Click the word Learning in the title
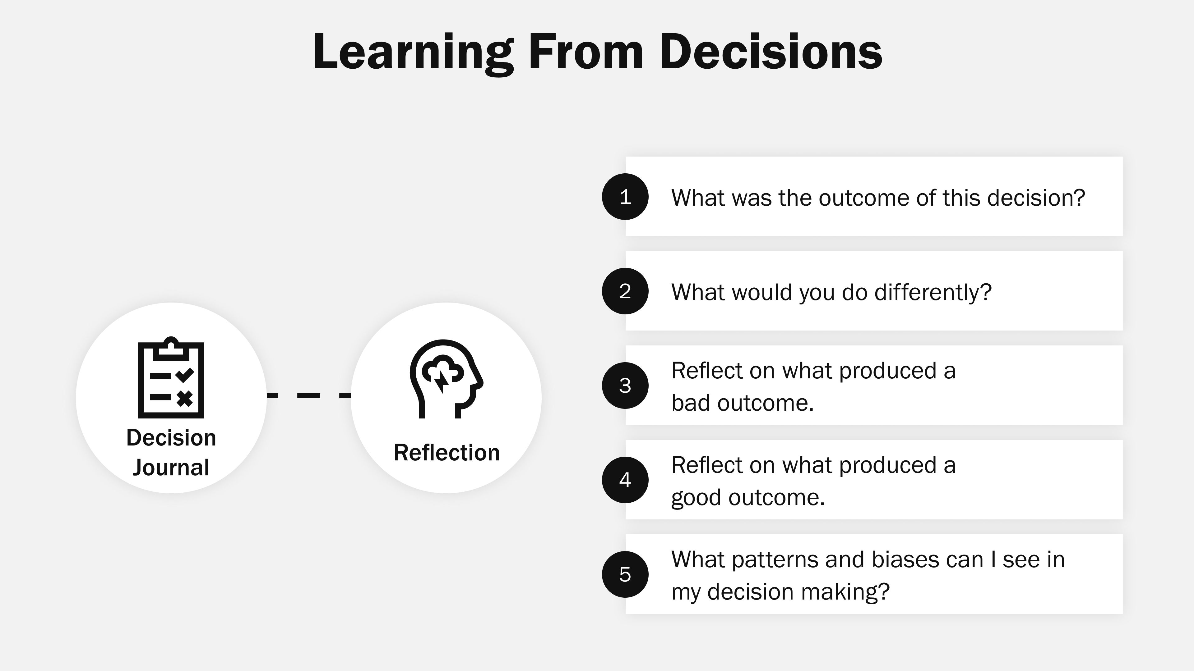(x=413, y=52)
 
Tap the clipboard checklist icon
(x=171, y=378)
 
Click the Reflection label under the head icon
(x=447, y=452)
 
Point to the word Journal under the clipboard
(x=171, y=467)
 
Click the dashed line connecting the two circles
(x=308, y=395)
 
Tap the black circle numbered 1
(x=625, y=197)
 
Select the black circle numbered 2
(x=625, y=291)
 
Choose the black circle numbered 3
(x=625, y=385)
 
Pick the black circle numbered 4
(x=625, y=480)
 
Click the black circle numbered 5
(x=625, y=574)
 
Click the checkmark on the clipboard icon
(x=184, y=375)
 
